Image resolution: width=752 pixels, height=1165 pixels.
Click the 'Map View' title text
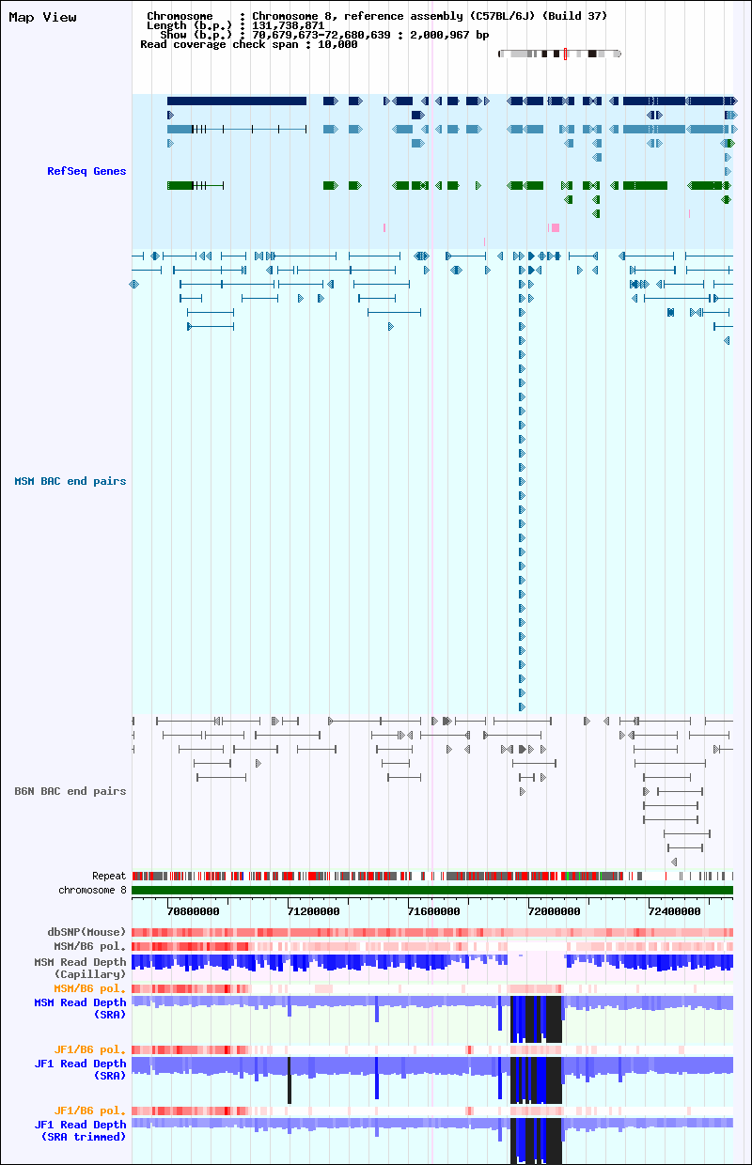pos(42,17)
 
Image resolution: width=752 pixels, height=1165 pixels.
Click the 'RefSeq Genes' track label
pos(86,171)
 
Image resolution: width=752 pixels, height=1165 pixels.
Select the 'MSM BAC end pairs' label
pos(70,481)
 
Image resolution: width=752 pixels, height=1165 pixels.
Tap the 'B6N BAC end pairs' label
pos(70,791)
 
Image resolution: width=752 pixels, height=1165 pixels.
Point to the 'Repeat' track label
pos(109,876)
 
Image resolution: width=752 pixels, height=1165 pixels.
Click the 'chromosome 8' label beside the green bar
pos(92,890)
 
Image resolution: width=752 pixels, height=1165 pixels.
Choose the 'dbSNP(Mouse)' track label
pos(86,932)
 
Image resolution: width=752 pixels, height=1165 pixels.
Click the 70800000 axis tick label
pos(193,911)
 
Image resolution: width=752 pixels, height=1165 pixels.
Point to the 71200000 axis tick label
pos(313,911)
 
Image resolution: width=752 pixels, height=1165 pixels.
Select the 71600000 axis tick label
pos(433,911)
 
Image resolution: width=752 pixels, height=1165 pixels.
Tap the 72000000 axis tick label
pos(554,911)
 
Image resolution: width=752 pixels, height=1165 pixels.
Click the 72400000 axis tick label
pos(674,911)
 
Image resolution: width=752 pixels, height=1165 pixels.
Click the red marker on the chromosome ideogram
pos(565,54)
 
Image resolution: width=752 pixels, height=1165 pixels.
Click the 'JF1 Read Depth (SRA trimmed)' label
pos(80,1130)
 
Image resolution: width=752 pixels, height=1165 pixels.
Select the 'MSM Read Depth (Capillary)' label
pos(80,968)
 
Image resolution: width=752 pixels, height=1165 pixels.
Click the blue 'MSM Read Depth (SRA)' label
pos(80,1008)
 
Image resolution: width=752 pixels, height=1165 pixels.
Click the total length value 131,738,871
pos(288,25)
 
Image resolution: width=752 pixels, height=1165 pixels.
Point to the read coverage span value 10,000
pos(337,44)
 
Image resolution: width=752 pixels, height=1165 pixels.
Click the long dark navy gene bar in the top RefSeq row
pos(237,101)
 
